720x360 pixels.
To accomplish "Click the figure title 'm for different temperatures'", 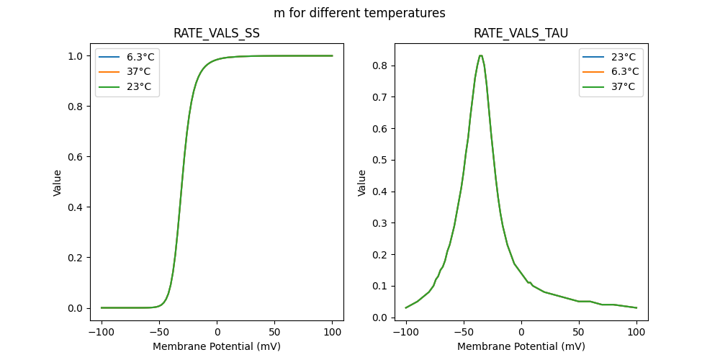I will pos(359,13).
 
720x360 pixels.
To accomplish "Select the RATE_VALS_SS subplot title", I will pos(217,33).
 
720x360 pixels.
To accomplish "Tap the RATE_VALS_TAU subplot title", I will pos(521,33).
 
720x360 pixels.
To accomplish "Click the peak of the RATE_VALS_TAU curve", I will pos(480,56).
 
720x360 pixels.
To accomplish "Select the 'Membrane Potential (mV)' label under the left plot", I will pos(217,346).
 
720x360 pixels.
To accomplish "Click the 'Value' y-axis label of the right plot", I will pos(362,182).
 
